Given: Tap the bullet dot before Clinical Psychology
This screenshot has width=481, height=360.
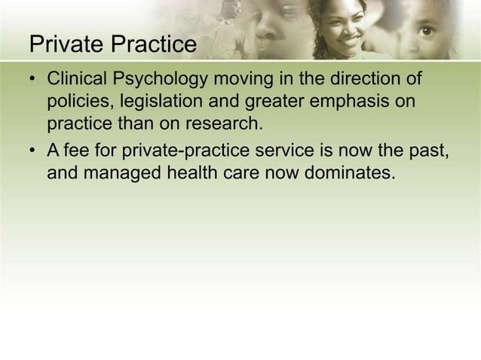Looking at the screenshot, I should [x=33, y=80].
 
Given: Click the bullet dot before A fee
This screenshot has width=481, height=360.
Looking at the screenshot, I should [x=33, y=152].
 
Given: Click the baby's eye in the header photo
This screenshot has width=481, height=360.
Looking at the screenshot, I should [x=427, y=31].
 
